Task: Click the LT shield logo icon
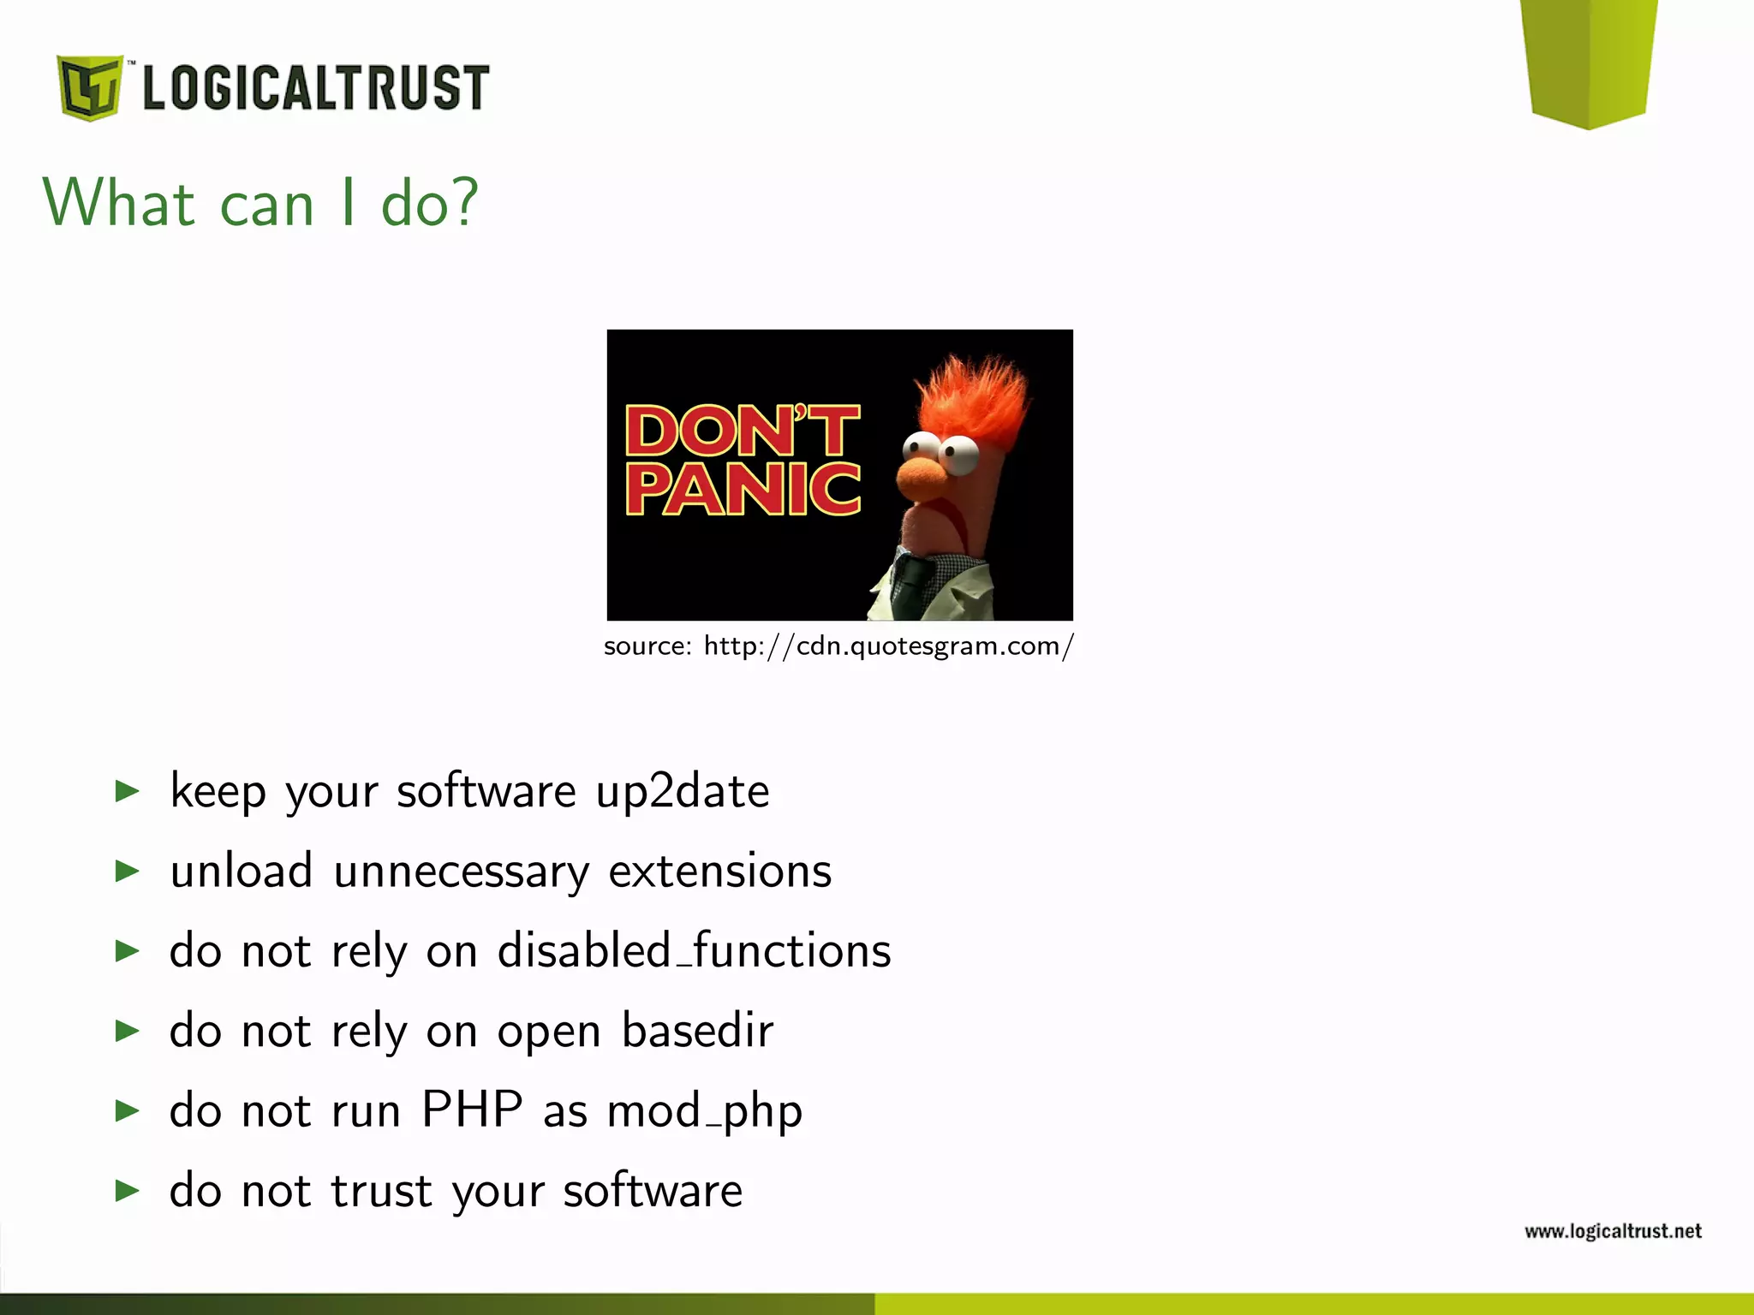point(89,87)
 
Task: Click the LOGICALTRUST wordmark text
point(315,87)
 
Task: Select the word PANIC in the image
point(743,489)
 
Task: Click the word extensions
point(719,871)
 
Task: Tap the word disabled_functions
point(694,950)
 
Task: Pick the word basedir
point(697,1030)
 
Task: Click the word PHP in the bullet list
point(472,1110)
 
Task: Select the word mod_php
point(704,1111)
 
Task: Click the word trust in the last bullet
point(381,1190)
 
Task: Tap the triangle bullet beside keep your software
point(127,791)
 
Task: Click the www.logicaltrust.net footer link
point(1612,1231)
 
